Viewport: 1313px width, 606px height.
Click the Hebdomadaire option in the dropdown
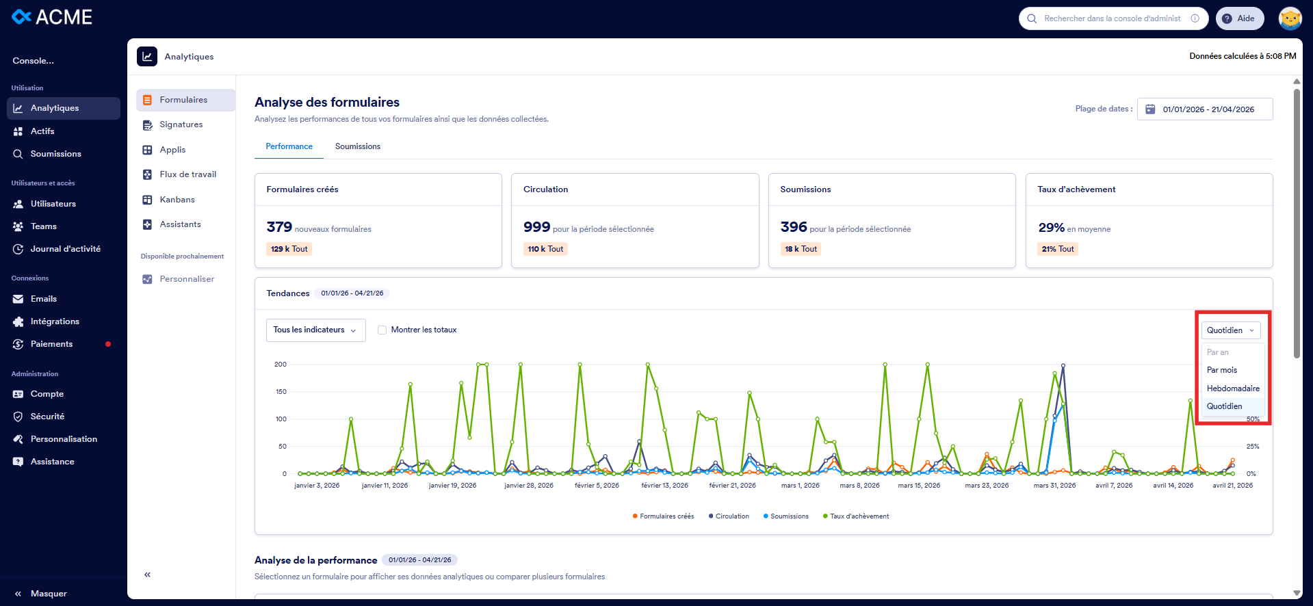pos(1232,388)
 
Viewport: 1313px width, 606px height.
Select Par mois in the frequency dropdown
pos(1222,370)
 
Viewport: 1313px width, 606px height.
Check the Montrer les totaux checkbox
pos(382,330)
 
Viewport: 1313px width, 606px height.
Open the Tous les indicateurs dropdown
pos(315,330)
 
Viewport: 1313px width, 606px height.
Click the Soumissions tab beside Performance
pos(357,146)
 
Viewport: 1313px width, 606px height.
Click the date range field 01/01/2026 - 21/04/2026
pos(1205,109)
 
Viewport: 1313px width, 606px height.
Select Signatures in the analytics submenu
pos(181,124)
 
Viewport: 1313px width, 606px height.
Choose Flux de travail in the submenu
pos(187,174)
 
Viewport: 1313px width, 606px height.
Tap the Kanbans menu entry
pos(177,200)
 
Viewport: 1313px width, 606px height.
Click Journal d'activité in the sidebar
pos(65,249)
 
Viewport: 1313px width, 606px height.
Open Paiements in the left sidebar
pos(51,344)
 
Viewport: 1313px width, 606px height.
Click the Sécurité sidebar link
pos(47,417)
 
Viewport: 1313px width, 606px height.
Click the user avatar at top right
pos(1290,18)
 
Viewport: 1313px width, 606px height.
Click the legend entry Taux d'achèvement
pos(859,516)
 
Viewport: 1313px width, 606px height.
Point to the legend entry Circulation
pos(731,516)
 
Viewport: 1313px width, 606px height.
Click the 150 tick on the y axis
pos(281,392)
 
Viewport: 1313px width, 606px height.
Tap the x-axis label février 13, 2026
pos(664,486)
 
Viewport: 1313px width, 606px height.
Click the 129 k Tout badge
pos(289,249)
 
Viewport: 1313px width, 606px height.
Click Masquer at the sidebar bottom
pos(48,594)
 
